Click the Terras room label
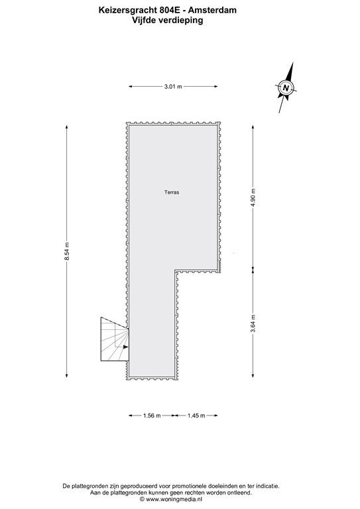(x=172, y=192)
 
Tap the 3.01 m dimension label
(x=172, y=86)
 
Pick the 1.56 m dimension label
(x=151, y=416)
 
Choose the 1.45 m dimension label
(x=196, y=416)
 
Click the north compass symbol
(x=285, y=87)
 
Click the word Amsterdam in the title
(x=212, y=10)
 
